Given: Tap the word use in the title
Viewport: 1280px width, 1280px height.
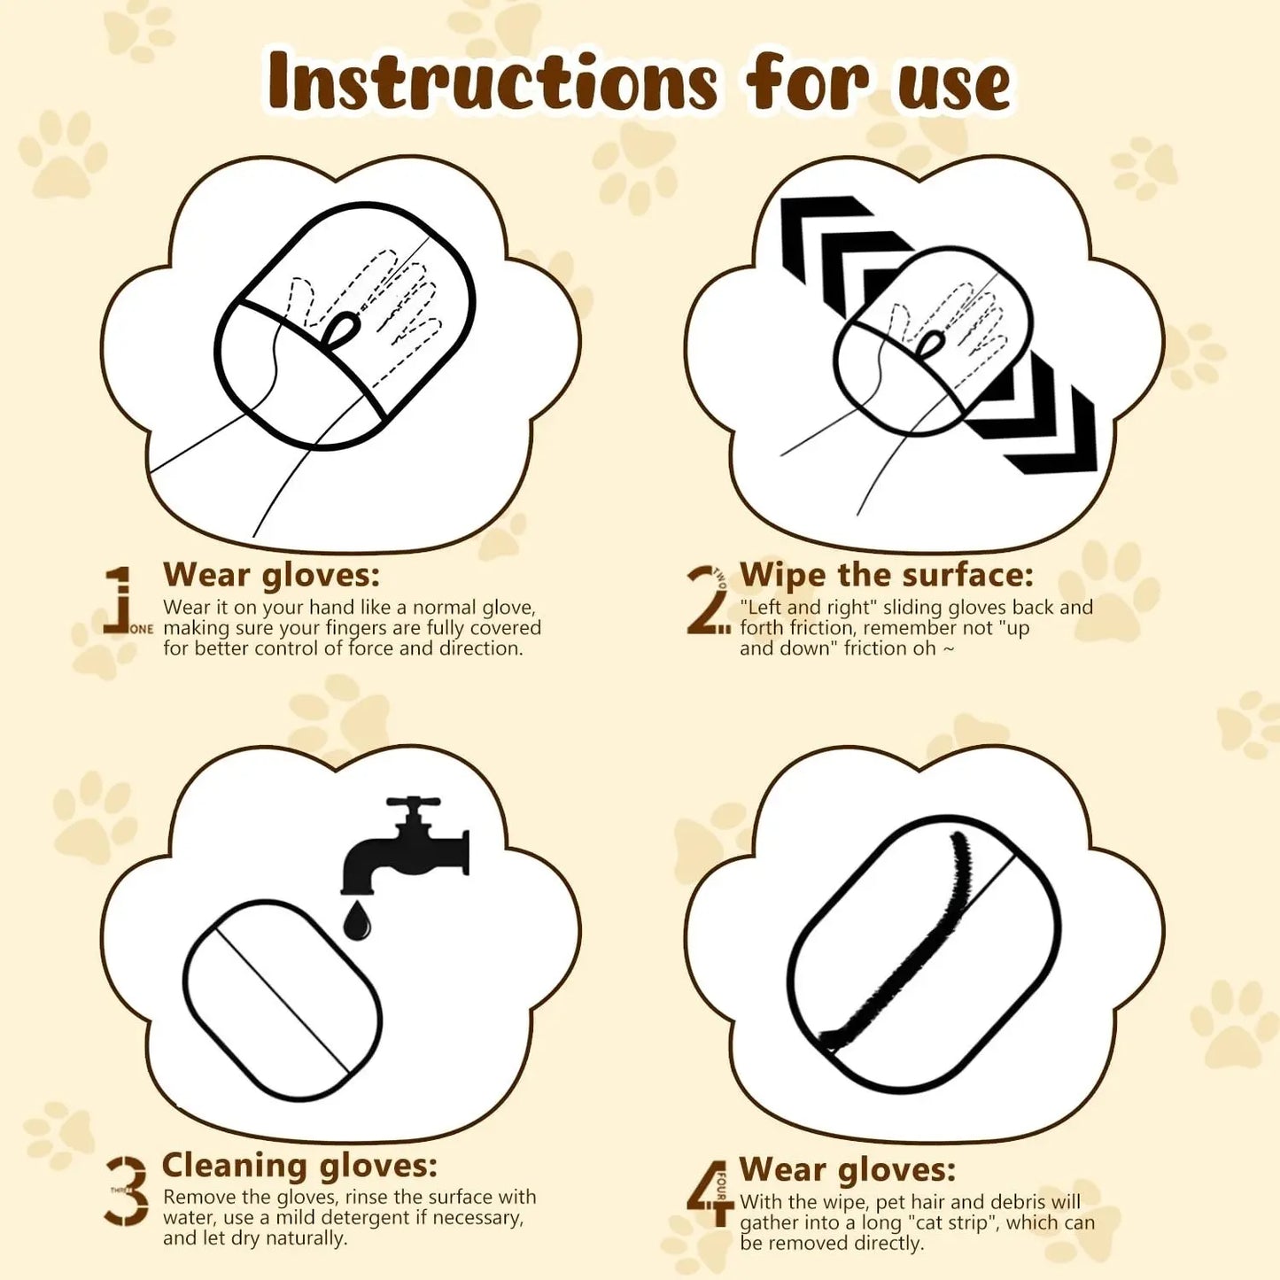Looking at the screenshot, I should (x=953, y=85).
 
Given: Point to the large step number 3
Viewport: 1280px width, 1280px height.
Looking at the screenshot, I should (x=128, y=1191).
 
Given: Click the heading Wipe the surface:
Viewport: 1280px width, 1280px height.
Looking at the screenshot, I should (x=887, y=575).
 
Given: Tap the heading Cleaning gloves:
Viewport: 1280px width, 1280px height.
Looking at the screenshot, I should (x=299, y=1165).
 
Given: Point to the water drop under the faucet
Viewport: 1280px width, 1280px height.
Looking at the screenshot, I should (x=357, y=920).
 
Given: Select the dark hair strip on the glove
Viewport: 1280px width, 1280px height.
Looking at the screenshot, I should (x=912, y=957).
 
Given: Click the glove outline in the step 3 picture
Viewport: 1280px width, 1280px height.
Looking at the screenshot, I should (x=283, y=1001).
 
